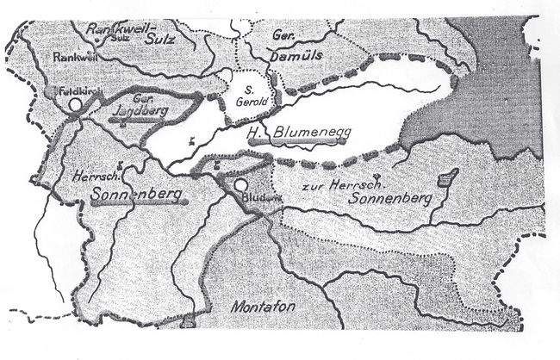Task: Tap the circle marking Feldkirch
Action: [75, 102]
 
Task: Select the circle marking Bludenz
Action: [240, 184]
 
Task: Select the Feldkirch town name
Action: [73, 90]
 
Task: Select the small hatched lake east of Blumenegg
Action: [446, 178]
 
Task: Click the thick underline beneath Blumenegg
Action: [306, 143]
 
